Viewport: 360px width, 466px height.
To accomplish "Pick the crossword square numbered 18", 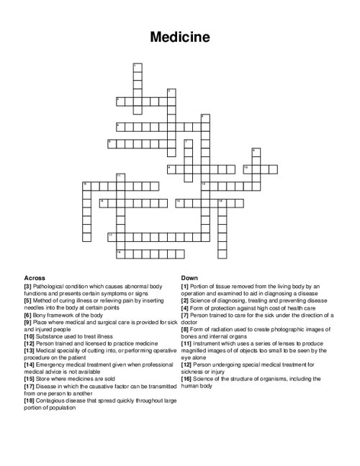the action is point(120,252).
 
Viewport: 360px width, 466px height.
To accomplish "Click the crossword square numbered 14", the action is point(103,202).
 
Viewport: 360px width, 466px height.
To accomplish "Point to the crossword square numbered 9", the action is point(171,168).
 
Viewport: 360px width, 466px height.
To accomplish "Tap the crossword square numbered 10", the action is point(246,168).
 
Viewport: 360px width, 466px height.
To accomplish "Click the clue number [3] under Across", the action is point(27,285).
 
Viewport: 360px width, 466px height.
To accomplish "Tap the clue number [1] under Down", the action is point(185,285).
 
